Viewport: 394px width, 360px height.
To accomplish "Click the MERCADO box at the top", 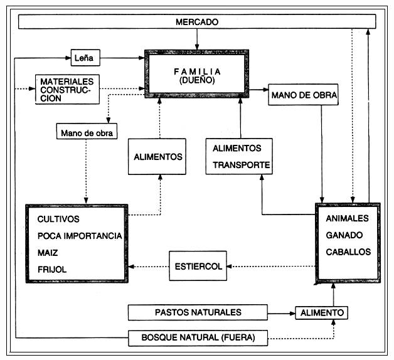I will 197,22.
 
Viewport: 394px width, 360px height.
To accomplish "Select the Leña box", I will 85,58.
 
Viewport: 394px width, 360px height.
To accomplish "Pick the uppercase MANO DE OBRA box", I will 304,96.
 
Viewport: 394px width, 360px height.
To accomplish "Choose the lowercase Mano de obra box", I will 84,132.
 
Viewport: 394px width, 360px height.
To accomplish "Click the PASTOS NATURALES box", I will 198,312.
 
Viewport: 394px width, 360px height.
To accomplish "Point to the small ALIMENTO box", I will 321,312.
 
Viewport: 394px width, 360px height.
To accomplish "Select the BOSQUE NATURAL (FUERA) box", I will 198,339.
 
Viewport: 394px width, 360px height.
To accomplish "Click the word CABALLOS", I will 348,251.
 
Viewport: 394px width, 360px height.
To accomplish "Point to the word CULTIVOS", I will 58,220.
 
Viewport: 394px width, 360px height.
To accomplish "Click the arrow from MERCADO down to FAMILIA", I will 197,39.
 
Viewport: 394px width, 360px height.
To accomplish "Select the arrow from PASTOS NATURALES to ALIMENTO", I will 282,312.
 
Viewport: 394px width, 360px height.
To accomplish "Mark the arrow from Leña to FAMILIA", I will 122,58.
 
